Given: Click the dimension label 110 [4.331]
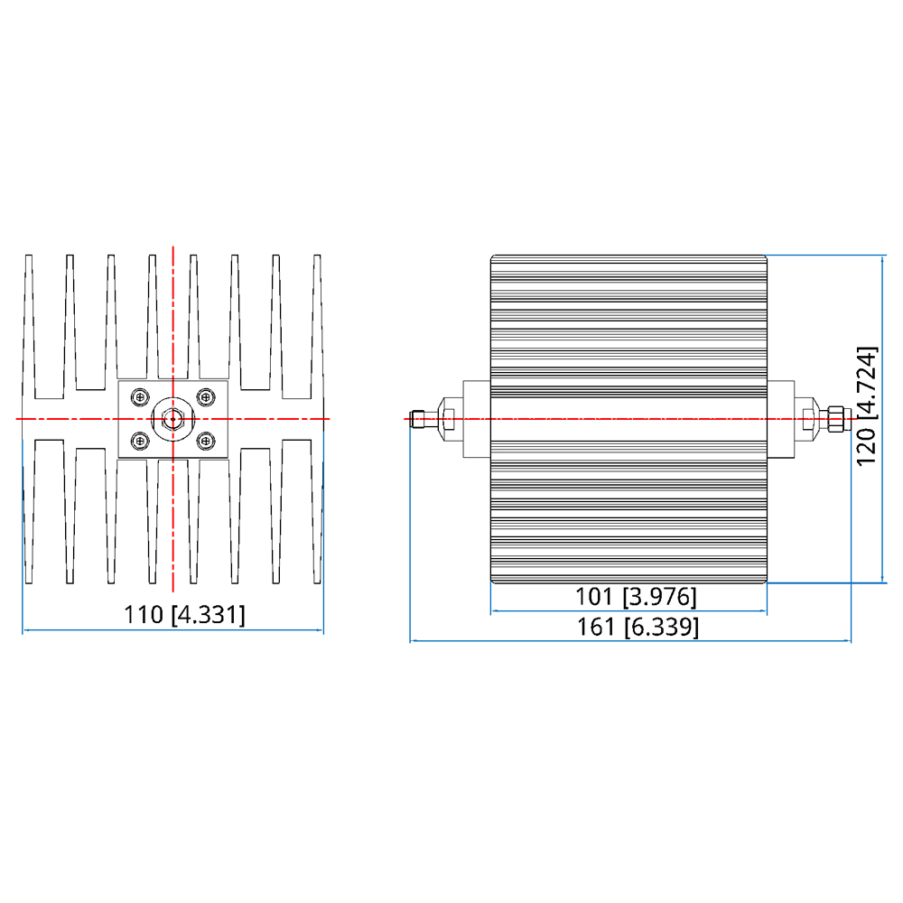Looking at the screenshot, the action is [x=184, y=614].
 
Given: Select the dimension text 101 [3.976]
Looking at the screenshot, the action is [x=636, y=597].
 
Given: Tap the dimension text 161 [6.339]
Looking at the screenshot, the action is [x=638, y=627].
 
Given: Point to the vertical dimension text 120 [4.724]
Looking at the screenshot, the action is [x=867, y=406].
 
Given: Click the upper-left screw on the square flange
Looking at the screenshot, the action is [x=140, y=396].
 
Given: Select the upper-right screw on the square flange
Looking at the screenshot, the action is [x=206, y=396].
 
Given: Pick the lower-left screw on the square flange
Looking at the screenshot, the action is [x=140, y=442].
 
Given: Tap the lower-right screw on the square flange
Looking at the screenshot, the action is [x=206, y=442].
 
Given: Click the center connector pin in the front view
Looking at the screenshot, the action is [x=172, y=419].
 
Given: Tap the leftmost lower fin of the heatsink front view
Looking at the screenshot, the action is [x=29, y=511].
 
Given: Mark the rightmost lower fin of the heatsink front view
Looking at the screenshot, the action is [x=317, y=511].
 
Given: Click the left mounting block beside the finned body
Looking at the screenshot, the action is [x=477, y=419].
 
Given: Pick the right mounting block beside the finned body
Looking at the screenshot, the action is [x=781, y=419].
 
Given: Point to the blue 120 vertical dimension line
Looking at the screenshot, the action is [x=882, y=419].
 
